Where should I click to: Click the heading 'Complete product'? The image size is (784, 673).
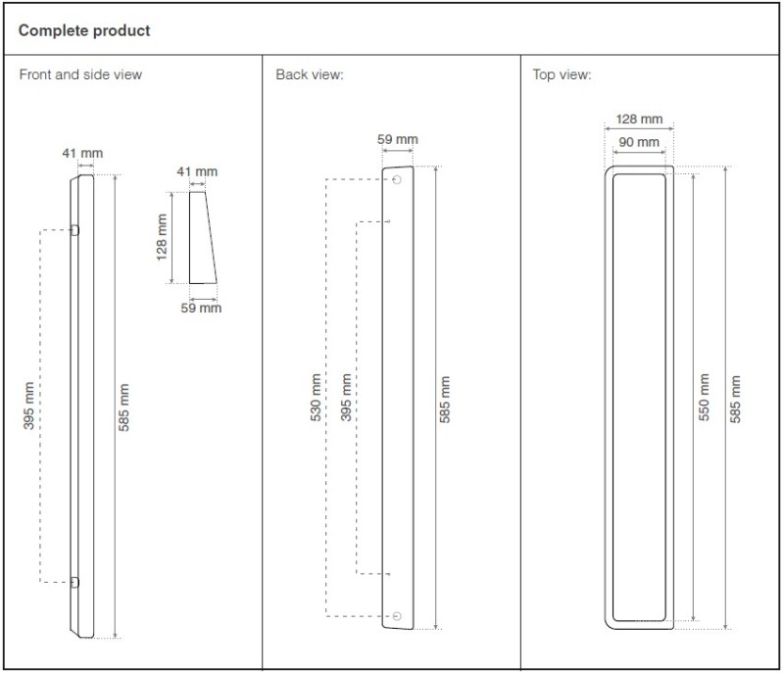pos(84,30)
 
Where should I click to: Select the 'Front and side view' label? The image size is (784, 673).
pos(80,74)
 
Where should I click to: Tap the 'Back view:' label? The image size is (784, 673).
pos(310,74)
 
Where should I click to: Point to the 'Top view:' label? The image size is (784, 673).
pos(562,74)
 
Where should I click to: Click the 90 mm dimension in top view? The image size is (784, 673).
pos(639,142)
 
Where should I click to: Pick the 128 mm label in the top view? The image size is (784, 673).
pos(639,119)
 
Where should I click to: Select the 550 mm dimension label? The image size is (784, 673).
pos(704,397)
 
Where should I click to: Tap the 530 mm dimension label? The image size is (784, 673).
pos(316,397)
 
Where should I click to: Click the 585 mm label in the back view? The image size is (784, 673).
pos(445,400)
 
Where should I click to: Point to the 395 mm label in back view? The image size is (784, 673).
pos(346,397)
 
